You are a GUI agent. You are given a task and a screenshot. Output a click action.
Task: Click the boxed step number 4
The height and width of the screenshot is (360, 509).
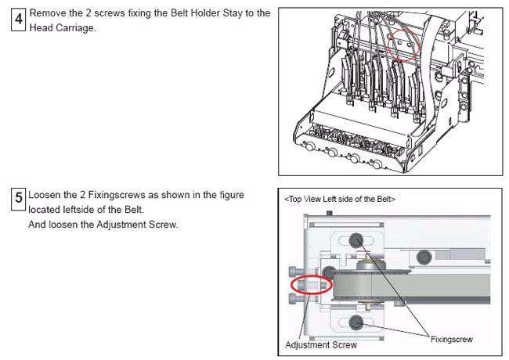pyautogui.click(x=18, y=19)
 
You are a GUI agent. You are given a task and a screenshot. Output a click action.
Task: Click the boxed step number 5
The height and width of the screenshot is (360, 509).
pyautogui.click(x=18, y=198)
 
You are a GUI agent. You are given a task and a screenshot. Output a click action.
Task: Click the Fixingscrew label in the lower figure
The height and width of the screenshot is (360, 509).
pyautogui.click(x=451, y=340)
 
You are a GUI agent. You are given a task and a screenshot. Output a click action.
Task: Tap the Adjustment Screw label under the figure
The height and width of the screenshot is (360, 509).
pyautogui.click(x=321, y=345)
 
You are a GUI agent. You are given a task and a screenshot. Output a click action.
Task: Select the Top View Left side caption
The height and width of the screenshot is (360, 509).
pyautogui.click(x=340, y=199)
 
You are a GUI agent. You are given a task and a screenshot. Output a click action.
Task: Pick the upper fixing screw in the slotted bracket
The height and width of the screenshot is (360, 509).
pyautogui.click(x=356, y=240)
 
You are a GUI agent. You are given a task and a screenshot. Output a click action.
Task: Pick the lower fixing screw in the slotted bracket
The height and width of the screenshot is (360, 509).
pyautogui.click(x=356, y=322)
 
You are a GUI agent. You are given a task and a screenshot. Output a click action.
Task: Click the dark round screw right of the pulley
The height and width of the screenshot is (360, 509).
pyautogui.click(x=424, y=257)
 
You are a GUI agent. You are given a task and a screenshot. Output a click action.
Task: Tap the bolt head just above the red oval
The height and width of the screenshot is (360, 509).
pyautogui.click(x=293, y=272)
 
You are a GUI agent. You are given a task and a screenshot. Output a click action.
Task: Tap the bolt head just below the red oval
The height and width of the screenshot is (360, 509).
pyautogui.click(x=293, y=298)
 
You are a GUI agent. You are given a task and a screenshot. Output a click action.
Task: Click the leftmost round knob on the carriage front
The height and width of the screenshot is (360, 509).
pyautogui.click(x=309, y=146)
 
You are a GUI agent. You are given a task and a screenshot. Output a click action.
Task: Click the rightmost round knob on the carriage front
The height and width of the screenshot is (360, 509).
pyautogui.click(x=377, y=164)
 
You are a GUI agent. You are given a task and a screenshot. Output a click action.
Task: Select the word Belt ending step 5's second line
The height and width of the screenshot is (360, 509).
pyautogui.click(x=134, y=210)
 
